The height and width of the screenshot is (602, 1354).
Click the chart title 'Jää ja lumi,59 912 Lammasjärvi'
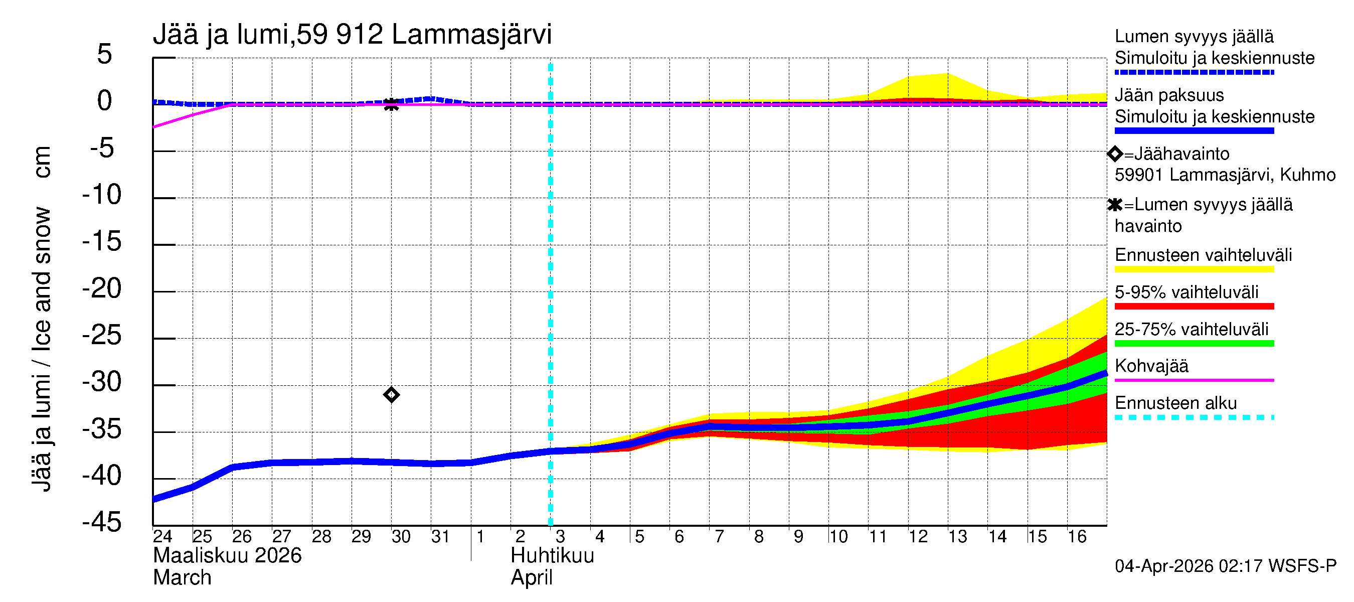point(352,35)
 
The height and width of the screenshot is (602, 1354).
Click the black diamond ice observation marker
point(391,395)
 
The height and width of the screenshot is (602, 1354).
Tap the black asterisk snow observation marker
point(391,104)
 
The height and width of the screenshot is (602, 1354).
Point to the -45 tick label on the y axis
point(102,523)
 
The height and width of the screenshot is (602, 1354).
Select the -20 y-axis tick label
point(102,288)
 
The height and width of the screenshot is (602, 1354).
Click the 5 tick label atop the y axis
point(105,54)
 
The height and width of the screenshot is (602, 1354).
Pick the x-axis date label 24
point(162,536)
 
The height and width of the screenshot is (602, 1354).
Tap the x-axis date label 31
point(440,536)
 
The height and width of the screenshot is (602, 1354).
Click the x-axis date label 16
point(1077,536)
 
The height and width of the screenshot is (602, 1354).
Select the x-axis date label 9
point(798,536)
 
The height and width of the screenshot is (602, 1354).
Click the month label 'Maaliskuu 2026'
point(227,556)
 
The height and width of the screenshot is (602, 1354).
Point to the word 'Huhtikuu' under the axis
point(552,556)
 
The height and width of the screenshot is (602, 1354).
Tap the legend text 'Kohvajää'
point(1151,366)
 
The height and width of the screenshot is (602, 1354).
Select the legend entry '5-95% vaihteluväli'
point(1187,292)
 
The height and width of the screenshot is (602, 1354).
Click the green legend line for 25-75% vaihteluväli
point(1194,344)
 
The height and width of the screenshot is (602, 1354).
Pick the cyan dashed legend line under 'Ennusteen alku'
point(1194,417)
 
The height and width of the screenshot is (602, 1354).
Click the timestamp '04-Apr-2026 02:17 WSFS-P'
point(1225,566)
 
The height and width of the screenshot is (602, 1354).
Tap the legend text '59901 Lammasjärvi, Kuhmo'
point(1225,175)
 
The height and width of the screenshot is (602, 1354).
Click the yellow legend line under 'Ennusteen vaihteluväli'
point(1194,269)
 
